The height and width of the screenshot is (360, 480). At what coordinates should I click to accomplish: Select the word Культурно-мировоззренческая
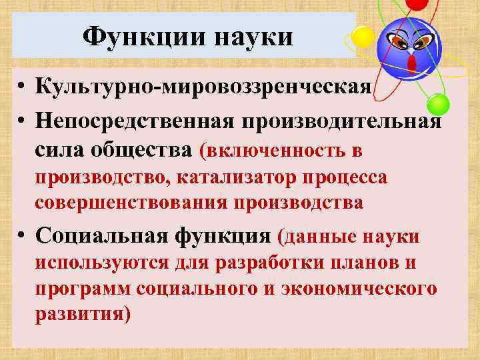point(203,87)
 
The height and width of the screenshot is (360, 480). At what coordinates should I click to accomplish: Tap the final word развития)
point(83,313)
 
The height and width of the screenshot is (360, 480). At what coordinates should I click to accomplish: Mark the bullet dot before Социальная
point(22,237)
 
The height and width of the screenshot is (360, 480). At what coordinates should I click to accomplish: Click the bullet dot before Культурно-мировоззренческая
point(22,87)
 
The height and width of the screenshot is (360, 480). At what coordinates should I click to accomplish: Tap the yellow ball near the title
point(363,36)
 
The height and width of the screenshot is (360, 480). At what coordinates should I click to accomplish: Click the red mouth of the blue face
point(411,63)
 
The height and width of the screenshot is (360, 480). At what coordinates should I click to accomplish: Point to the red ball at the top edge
point(416,4)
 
